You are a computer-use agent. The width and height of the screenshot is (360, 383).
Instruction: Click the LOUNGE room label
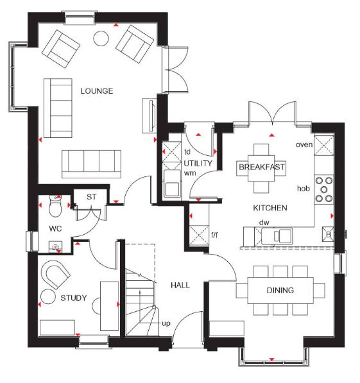click(x=97, y=91)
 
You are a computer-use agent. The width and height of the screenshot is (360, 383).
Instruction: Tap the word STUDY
click(x=74, y=298)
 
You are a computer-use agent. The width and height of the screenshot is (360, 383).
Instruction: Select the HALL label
click(x=180, y=285)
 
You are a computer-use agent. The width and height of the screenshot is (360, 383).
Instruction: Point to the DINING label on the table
click(x=280, y=290)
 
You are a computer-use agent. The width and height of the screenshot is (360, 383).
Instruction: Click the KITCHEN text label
click(x=270, y=208)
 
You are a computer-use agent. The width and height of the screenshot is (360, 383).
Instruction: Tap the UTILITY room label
click(x=198, y=163)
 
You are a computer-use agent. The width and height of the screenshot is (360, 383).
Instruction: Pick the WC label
click(x=55, y=228)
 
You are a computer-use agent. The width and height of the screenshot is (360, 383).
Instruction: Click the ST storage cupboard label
click(x=91, y=197)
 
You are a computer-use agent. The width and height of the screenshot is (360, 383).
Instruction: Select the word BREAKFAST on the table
click(x=262, y=167)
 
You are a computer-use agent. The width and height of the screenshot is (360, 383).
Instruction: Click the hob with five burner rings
click(x=324, y=189)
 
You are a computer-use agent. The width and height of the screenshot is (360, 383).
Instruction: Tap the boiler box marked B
click(x=328, y=234)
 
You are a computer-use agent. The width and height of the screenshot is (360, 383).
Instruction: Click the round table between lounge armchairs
click(x=101, y=38)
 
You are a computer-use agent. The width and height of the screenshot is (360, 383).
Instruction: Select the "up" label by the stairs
click(x=166, y=323)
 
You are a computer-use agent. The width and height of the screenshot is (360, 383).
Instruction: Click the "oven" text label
click(x=304, y=144)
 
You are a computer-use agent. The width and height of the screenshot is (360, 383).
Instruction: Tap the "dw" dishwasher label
click(x=264, y=222)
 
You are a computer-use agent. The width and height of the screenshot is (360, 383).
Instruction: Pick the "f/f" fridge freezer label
click(x=214, y=235)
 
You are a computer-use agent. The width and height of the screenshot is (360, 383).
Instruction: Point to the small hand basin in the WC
click(x=55, y=247)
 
